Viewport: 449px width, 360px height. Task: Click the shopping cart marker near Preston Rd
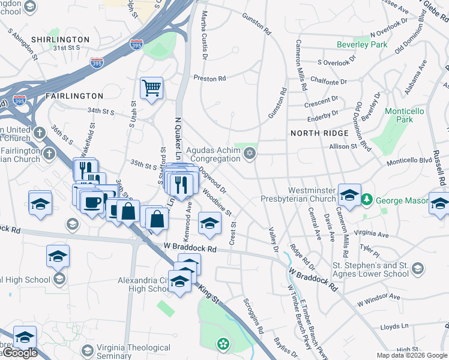click(x=152, y=88)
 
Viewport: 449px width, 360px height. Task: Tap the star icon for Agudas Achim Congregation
click(x=250, y=154)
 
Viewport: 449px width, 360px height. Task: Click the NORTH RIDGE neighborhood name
click(x=319, y=133)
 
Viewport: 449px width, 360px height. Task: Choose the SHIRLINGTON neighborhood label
click(x=61, y=40)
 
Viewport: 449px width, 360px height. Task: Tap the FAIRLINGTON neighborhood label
click(x=74, y=96)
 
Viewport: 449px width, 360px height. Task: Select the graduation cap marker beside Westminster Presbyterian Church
click(x=349, y=196)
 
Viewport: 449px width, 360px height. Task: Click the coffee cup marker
click(x=92, y=202)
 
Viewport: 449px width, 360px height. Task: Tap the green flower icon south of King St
click(x=223, y=344)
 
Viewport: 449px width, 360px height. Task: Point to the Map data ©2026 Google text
click(x=411, y=355)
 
